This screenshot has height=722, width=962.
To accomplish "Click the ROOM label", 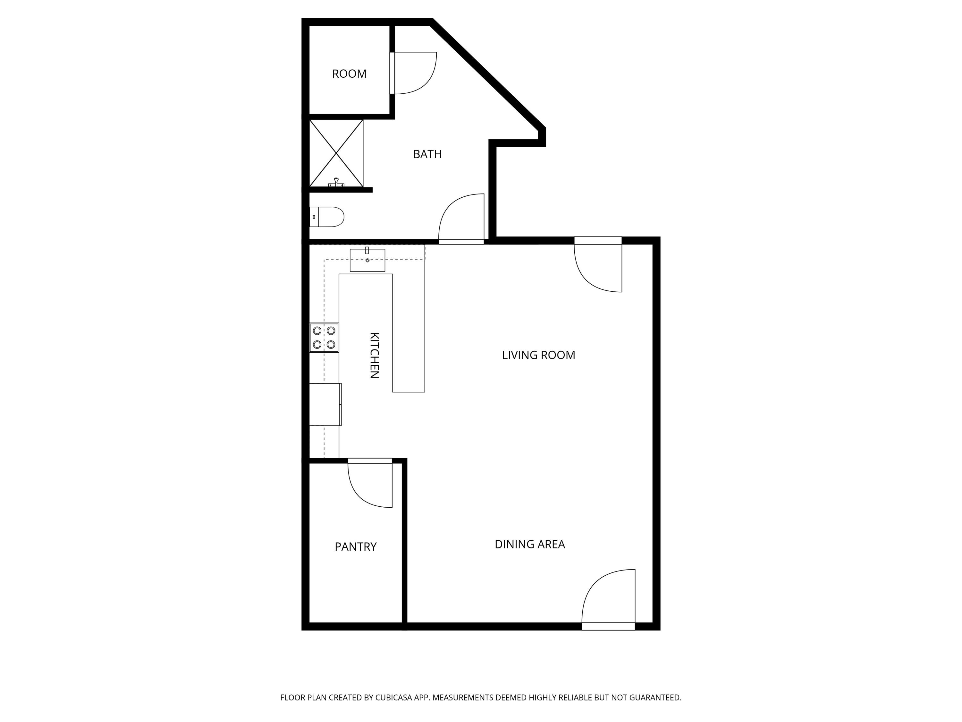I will point(349,74).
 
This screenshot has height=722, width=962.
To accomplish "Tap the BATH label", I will point(427,154).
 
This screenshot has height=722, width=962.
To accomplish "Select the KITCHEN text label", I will point(374,355).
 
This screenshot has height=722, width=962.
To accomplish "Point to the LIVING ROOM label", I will point(538,355).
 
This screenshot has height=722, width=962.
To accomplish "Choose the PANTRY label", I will point(355,546).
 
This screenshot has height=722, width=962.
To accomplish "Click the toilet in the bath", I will point(327,217).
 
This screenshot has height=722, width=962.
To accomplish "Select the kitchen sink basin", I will point(367,260).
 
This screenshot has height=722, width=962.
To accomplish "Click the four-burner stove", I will point(324,337).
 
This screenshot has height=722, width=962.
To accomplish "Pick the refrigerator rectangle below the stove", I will point(325,404).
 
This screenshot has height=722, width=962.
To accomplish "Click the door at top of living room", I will point(598,265).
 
